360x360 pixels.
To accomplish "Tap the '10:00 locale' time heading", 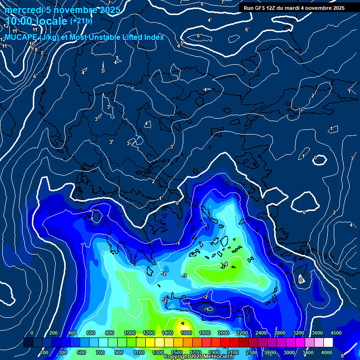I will pos(37,21).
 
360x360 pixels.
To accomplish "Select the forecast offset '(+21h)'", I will pos(81,21).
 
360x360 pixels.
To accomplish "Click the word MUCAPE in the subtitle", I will pos(22,37).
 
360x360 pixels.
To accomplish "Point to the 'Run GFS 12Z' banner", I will pos(294,7).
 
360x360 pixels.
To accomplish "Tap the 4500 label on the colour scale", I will pos(336,333).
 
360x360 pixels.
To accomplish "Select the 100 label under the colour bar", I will pos(45,352).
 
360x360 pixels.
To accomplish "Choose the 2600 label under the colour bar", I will pos(270,352).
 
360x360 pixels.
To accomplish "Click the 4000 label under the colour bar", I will pos(327,352).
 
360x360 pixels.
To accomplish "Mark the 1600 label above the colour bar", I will pos(186,333).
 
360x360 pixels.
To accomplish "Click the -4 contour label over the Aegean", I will pos(225,264).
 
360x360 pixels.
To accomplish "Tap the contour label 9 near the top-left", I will pos(32,48).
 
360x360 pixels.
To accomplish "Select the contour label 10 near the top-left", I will pos(32,44).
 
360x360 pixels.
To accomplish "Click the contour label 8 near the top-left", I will pos(36,50).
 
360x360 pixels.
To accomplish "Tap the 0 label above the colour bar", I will pos(32,333).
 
